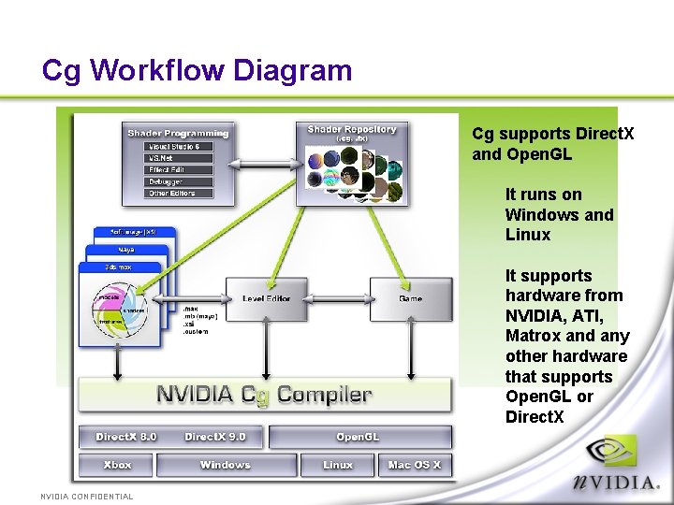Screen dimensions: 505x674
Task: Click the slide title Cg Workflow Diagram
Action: click(x=197, y=70)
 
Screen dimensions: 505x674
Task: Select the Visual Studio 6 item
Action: click(x=179, y=147)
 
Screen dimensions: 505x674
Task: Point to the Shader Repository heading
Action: click(x=352, y=129)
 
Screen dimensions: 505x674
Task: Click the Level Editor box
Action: click(x=267, y=299)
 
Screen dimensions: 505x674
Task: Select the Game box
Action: click(x=410, y=299)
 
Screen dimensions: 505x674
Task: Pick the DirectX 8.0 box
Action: click(x=125, y=437)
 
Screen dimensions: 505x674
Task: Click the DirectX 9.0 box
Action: click(x=214, y=437)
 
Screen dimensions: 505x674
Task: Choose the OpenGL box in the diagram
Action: click(x=359, y=437)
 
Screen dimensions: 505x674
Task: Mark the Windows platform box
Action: click(x=226, y=465)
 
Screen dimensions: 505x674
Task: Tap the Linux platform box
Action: click(x=338, y=465)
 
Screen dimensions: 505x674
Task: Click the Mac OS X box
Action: click(x=415, y=465)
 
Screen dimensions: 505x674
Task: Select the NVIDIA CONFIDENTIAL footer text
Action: click(x=86, y=497)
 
